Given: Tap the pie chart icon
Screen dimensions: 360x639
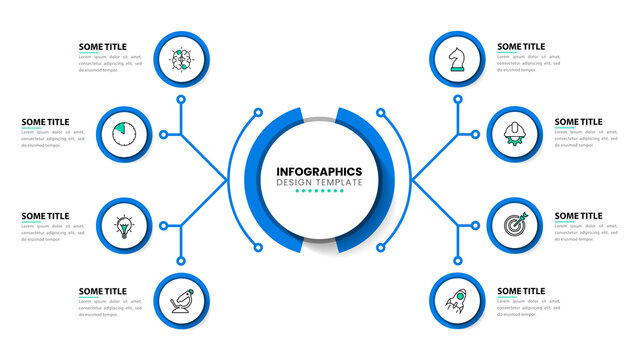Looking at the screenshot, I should point(125,131).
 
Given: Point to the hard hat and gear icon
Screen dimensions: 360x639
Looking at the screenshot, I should point(514,131).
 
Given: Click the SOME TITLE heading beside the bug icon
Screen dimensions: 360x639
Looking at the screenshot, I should point(103,46).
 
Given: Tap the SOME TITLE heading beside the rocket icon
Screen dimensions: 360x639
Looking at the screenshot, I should point(521,291).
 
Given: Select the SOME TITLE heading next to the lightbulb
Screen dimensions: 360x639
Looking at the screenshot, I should point(46,215).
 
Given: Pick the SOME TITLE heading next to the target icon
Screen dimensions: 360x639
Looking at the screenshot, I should point(579,215).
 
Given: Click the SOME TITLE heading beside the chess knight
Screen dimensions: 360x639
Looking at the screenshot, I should point(521,46).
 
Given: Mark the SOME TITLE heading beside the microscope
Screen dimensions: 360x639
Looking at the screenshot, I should point(103,291).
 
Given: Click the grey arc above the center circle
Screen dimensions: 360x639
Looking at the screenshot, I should point(319,120).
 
